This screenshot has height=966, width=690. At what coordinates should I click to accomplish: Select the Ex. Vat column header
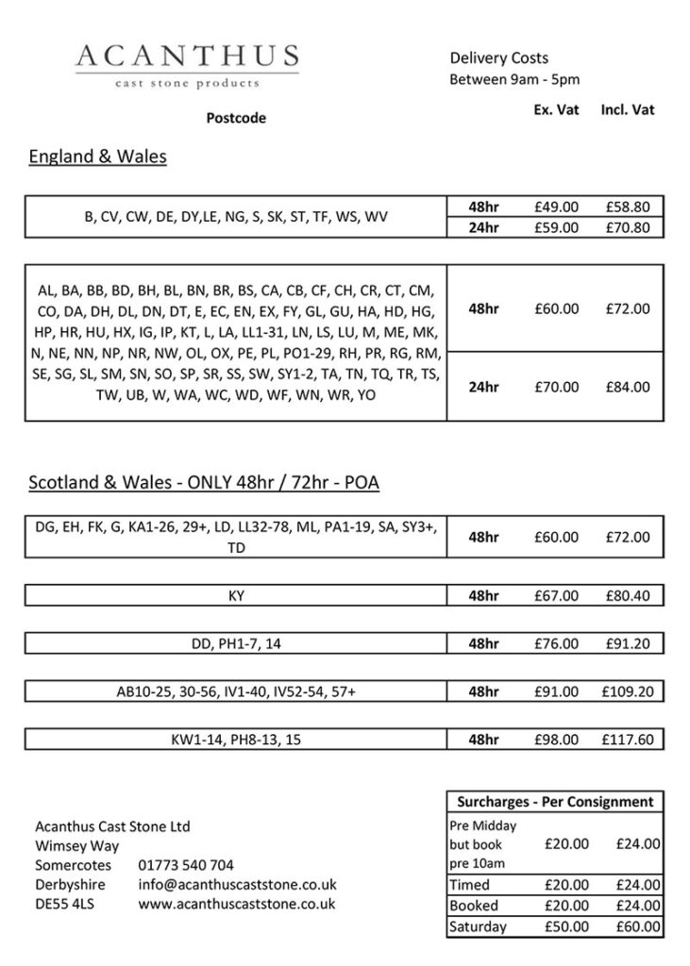click(x=556, y=109)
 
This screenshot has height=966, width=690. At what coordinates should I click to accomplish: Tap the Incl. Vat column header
click(x=628, y=109)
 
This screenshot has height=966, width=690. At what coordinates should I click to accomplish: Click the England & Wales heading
click(x=97, y=157)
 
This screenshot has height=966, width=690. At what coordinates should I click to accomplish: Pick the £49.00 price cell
click(x=556, y=207)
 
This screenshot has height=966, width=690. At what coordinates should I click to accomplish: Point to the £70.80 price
click(x=628, y=227)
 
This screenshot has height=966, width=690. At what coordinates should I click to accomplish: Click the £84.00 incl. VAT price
click(x=628, y=386)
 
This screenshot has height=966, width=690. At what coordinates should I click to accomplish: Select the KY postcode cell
click(x=236, y=596)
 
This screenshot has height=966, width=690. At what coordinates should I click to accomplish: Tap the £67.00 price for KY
click(x=556, y=596)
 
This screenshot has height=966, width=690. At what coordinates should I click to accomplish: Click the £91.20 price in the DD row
click(x=628, y=644)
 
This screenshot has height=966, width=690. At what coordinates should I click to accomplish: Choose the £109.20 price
click(x=628, y=692)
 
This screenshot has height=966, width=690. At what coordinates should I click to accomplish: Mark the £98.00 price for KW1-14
click(x=556, y=740)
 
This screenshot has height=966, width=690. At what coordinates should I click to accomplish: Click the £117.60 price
click(x=628, y=740)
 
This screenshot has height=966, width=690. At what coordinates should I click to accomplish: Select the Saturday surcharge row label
click(x=478, y=926)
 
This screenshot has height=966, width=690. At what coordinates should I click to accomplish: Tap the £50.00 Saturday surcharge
click(x=567, y=926)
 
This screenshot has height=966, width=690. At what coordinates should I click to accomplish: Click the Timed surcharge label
click(x=469, y=885)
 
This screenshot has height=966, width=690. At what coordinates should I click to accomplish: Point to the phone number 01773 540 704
click(x=186, y=865)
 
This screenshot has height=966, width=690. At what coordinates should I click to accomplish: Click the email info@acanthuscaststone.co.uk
click(x=237, y=885)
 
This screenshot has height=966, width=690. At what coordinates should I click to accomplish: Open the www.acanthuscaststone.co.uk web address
click(x=237, y=904)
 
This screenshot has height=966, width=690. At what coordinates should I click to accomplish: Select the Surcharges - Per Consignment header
click(x=555, y=802)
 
